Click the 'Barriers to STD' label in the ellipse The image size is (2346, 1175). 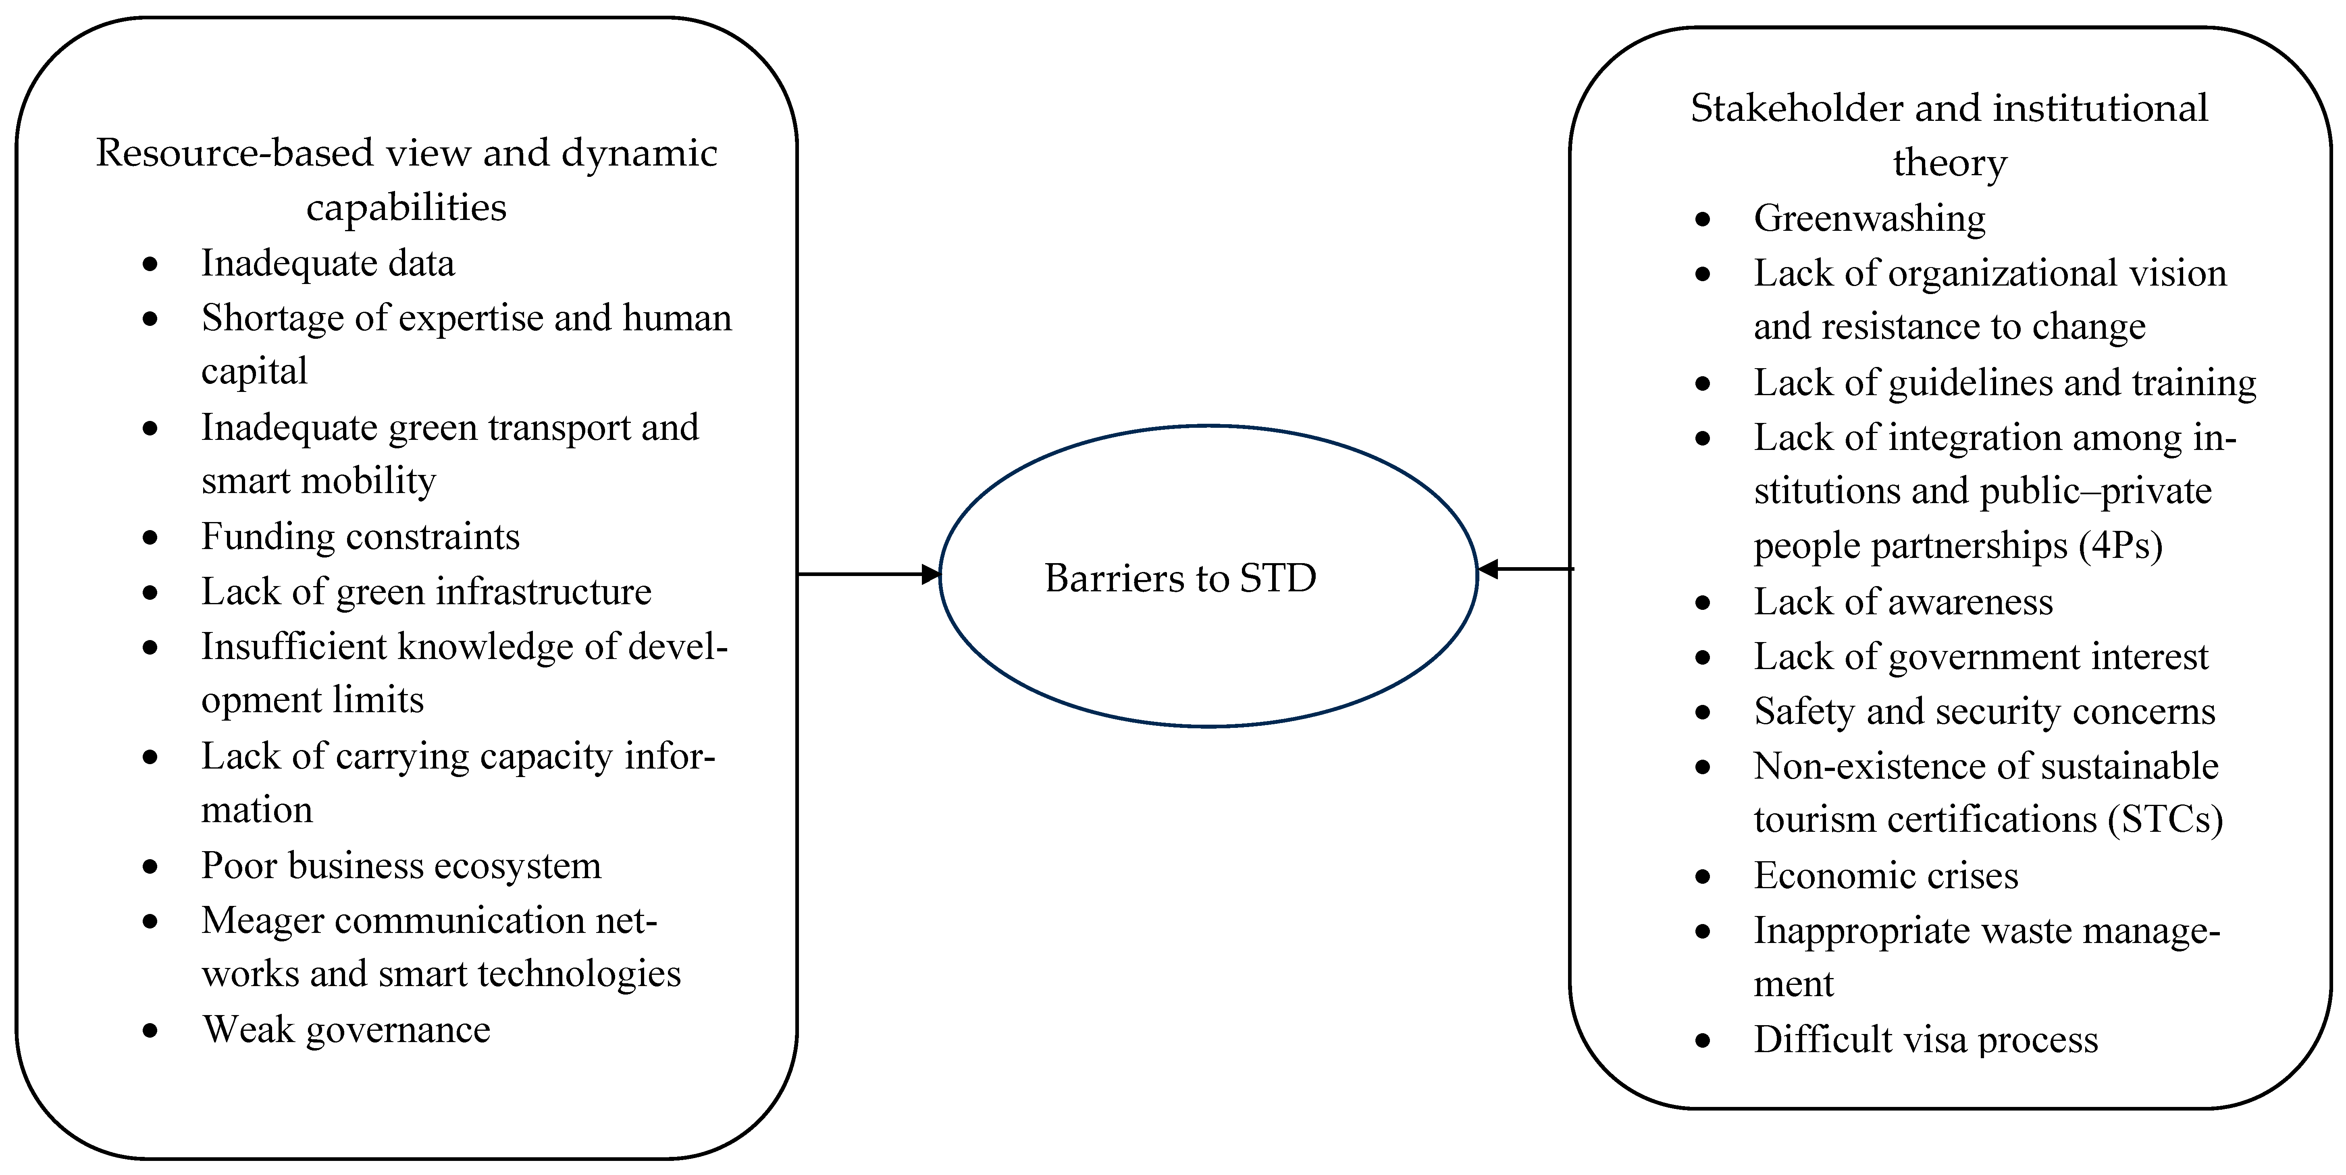[1180, 578]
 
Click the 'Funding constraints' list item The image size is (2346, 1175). [360, 537]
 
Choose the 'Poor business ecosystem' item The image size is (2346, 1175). [401, 866]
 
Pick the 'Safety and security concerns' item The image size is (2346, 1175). [1984, 711]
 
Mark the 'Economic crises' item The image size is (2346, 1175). [1885, 876]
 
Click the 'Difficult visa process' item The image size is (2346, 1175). [1925, 1039]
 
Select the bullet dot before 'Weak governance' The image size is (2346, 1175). [150, 1030]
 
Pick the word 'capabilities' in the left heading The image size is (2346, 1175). [406, 207]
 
